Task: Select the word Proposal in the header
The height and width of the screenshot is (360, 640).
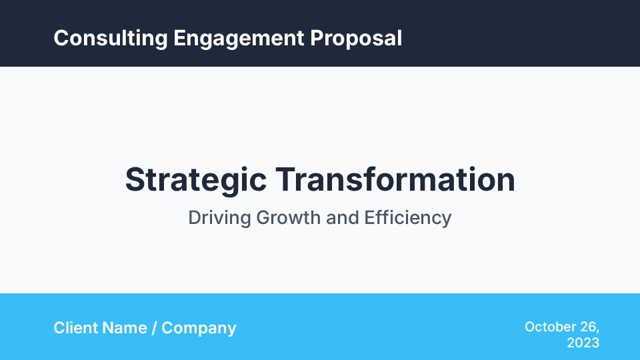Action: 356,38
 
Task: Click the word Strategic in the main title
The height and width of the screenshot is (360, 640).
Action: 196,181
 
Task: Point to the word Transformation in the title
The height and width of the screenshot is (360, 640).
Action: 395,180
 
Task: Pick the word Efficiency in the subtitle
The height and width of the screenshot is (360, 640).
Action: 408,218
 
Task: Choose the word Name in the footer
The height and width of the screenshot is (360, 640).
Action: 124,328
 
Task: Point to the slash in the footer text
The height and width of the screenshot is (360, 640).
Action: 155,328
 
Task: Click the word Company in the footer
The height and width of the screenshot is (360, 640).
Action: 199,329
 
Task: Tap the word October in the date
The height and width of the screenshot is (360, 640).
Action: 551,327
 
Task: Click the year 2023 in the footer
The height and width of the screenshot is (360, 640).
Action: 583,343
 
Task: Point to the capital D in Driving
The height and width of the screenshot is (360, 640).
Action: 195,218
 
